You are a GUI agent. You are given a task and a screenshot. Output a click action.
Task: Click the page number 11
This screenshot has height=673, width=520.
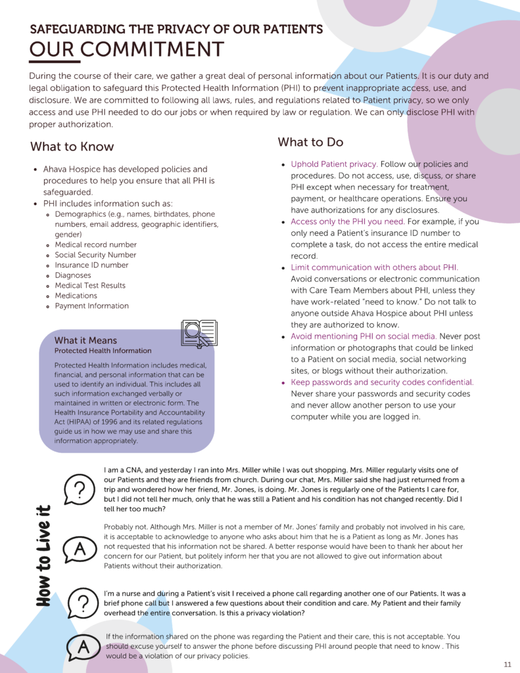[508, 664]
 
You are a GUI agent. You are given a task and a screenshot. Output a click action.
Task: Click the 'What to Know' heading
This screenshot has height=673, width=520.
[72, 147]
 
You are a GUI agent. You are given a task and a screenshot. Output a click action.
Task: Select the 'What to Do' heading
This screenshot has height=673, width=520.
[310, 142]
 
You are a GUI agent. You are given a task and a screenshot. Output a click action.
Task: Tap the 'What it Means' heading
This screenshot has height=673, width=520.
[85, 340]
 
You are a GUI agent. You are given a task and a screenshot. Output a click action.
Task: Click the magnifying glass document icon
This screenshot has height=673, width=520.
[198, 333]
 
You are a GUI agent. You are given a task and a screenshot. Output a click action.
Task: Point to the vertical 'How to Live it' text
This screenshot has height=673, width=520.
[43, 555]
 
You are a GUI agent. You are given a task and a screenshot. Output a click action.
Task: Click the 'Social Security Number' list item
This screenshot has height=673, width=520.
[95, 255]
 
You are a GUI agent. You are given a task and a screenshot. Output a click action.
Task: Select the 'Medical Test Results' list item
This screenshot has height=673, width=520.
[90, 285]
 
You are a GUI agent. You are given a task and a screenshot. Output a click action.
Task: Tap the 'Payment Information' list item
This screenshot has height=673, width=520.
[92, 306]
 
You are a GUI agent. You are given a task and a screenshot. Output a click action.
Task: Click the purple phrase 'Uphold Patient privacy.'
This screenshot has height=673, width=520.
[334, 164]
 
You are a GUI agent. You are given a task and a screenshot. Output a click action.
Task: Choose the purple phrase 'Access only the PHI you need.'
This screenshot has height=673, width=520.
[348, 221]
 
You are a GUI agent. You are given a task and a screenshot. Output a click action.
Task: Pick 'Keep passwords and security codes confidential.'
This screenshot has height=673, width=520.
[382, 382]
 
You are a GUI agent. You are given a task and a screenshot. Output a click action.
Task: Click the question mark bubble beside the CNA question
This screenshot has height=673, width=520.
[79, 490]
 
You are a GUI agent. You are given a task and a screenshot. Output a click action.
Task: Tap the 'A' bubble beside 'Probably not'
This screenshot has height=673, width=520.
[79, 549]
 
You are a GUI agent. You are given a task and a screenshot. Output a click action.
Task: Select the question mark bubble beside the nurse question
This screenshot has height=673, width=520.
[79, 603]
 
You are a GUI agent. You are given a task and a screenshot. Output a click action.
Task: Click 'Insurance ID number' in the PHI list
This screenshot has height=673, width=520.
[91, 265]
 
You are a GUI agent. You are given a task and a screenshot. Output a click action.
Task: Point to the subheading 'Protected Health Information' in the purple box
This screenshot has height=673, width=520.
[103, 351]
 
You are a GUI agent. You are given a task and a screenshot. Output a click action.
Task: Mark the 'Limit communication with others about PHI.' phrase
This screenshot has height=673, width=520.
[374, 267]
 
